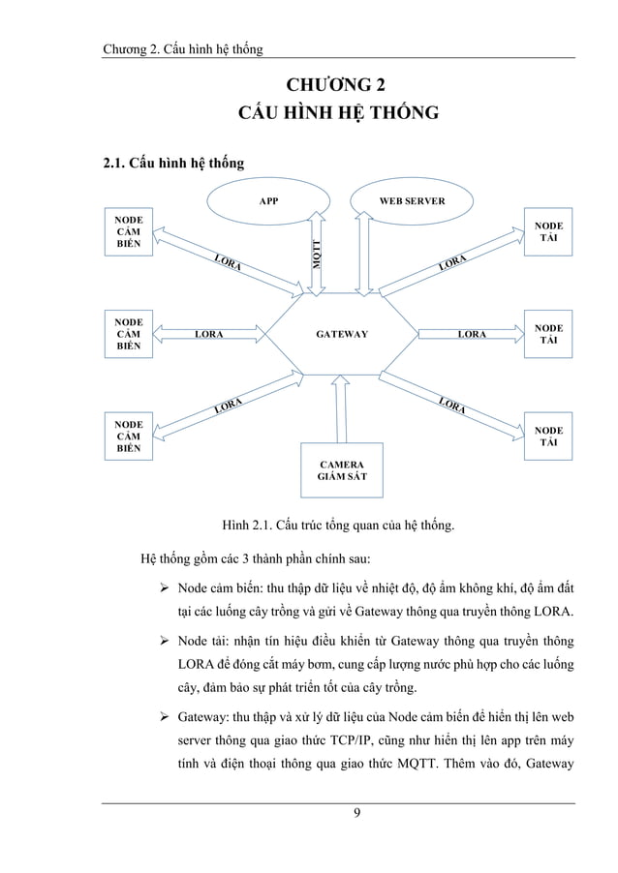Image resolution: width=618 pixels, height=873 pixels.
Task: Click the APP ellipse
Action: click(270, 202)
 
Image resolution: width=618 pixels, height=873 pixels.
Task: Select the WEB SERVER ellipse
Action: click(412, 202)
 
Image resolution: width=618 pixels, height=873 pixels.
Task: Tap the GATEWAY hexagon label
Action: click(342, 334)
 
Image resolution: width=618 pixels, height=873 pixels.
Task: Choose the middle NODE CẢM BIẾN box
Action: click(128, 334)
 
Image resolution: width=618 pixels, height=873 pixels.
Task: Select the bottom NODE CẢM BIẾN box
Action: click(128, 436)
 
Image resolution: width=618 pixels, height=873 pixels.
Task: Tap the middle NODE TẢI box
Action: click(549, 334)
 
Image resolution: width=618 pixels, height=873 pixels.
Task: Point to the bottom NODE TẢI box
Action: click(549, 436)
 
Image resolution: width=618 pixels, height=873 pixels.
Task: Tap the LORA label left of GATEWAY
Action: click(209, 334)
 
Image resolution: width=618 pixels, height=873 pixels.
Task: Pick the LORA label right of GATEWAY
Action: click(472, 334)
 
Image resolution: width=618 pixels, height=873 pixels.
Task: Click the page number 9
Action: click(357, 825)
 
